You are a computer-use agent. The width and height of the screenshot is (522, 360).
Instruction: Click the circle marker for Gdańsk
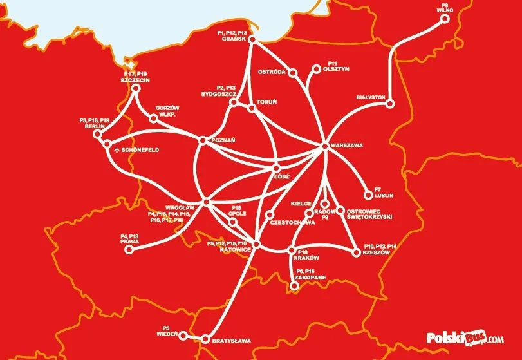[x=252, y=41]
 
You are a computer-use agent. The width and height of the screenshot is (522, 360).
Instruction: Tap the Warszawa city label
[x=346, y=146]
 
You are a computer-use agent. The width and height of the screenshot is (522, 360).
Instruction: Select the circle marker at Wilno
[x=445, y=19]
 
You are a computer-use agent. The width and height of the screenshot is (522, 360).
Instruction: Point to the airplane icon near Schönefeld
[x=117, y=150]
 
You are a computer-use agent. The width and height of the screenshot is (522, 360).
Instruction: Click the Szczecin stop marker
[x=136, y=90]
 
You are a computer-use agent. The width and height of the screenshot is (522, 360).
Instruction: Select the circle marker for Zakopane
[x=294, y=287]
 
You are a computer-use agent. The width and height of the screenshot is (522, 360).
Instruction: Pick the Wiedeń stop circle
[x=183, y=336]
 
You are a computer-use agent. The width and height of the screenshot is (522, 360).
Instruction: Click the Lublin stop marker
[x=368, y=194]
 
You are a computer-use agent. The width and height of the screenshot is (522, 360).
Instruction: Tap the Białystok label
[x=370, y=97]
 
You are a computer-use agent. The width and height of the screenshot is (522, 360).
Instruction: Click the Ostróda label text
[x=271, y=71]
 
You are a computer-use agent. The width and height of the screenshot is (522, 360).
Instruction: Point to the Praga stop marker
[x=126, y=252]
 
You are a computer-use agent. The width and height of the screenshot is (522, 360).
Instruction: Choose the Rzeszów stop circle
[x=356, y=253]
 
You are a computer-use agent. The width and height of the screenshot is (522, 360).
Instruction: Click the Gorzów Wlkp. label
[x=166, y=110]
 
